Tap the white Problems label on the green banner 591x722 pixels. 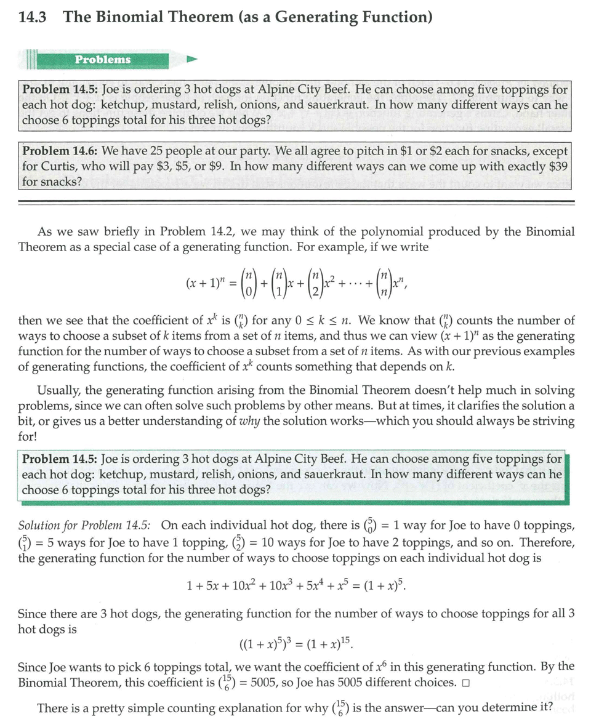103,59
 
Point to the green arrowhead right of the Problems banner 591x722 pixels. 191,60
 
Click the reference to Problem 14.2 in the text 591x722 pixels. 196,232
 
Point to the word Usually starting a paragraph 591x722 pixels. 60,390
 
